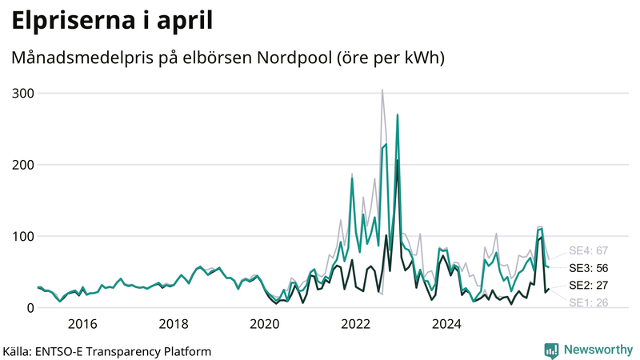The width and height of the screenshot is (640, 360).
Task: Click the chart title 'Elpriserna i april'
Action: click(x=112, y=21)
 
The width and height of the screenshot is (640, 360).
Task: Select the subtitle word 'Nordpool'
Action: click(x=294, y=58)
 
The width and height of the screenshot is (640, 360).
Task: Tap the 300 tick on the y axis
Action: click(x=23, y=94)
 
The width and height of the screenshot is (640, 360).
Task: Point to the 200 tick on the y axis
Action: click(x=23, y=165)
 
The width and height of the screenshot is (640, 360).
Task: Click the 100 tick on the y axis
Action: click(x=23, y=236)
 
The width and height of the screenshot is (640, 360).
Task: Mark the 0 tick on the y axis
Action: click(x=30, y=308)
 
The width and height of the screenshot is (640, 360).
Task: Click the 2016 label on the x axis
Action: click(x=82, y=324)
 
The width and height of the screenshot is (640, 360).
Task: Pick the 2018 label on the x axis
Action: click(x=174, y=324)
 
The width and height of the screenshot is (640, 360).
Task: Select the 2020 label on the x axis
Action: click(x=265, y=324)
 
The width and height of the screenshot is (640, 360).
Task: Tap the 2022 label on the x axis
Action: click(x=355, y=324)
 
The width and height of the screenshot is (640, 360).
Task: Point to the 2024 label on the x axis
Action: click(x=446, y=324)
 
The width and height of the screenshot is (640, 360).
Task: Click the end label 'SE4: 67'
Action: click(x=589, y=250)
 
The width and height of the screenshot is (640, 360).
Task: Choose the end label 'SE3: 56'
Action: click(x=589, y=268)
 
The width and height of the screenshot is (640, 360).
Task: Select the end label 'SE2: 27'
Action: click(x=589, y=286)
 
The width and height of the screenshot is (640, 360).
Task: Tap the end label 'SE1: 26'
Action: click(x=589, y=303)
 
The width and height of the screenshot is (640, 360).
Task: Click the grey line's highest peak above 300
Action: click(x=382, y=90)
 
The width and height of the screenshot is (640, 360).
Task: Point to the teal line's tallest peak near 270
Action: click(x=397, y=115)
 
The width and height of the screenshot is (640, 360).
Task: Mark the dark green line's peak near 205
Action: click(x=397, y=161)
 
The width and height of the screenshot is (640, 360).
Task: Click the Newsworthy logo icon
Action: click(x=551, y=351)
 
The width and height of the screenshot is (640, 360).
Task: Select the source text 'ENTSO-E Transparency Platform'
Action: click(x=123, y=351)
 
